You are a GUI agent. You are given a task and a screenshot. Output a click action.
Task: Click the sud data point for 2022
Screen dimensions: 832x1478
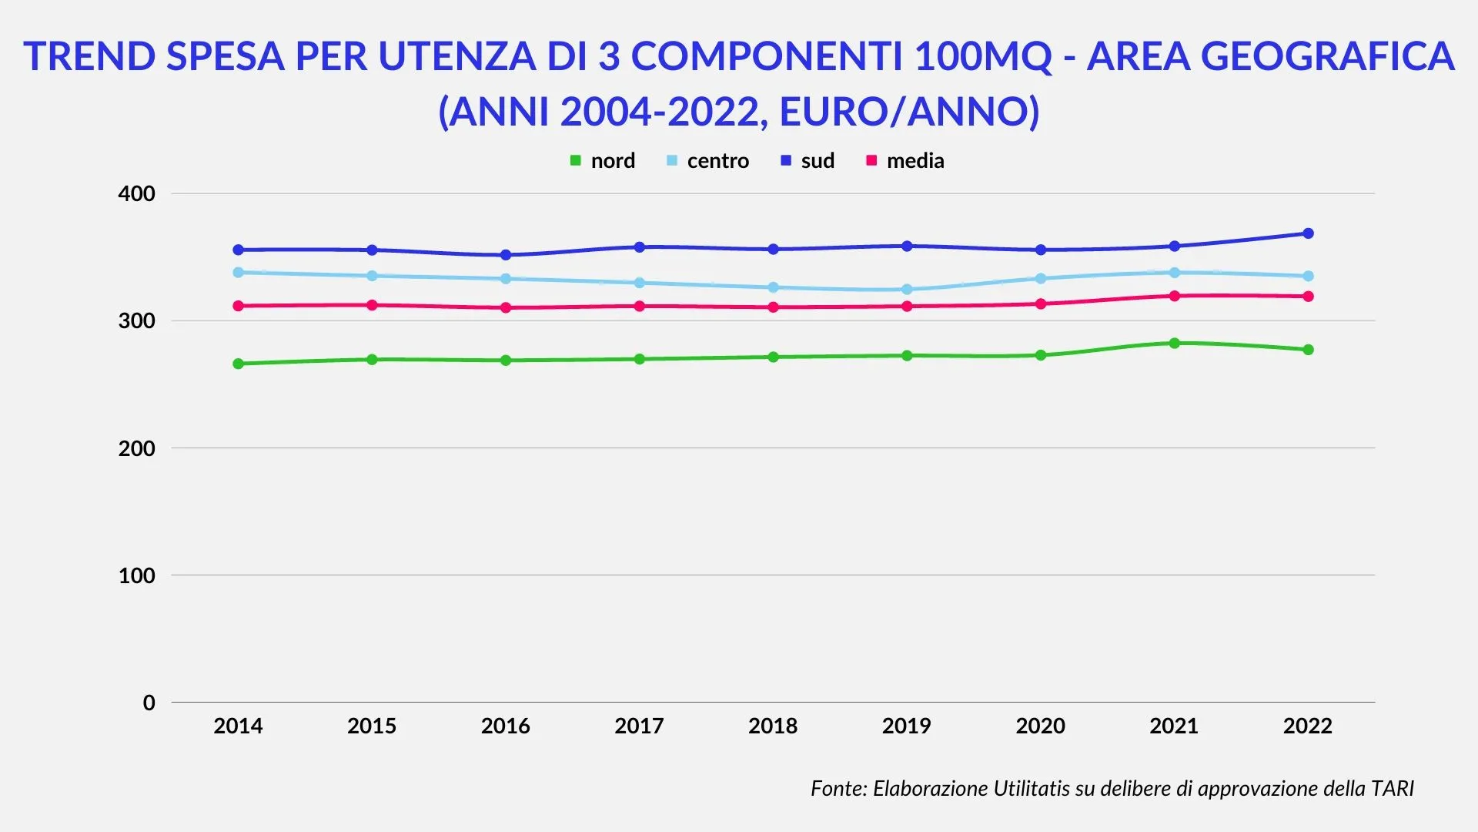click(x=1308, y=233)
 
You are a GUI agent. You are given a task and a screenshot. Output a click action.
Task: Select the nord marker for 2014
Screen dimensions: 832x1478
click(x=239, y=364)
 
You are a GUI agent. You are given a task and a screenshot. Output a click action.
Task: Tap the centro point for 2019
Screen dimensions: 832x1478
click(x=907, y=290)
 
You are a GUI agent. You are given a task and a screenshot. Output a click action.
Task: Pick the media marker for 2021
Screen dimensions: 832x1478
click(x=1175, y=296)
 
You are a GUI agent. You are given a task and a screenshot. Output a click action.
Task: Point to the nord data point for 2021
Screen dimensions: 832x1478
click(x=1175, y=344)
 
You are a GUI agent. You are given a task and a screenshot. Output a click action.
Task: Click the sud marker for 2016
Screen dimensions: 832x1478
click(x=506, y=255)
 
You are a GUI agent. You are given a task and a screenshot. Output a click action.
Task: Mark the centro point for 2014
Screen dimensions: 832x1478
click(x=239, y=273)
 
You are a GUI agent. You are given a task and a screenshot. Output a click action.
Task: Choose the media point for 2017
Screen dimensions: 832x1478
click(x=640, y=306)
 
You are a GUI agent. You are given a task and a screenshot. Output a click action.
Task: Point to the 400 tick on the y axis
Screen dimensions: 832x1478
click(x=137, y=194)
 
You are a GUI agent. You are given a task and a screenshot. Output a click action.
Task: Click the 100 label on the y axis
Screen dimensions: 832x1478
click(x=137, y=575)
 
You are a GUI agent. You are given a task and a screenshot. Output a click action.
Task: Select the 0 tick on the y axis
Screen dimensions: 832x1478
click(x=149, y=703)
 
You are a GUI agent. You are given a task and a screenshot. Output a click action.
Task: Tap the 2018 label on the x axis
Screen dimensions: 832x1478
click(x=773, y=726)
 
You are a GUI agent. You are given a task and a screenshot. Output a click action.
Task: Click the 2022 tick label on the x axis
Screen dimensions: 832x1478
click(x=1307, y=726)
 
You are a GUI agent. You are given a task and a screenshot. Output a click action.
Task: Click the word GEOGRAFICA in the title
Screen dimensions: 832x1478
click(x=1327, y=56)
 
